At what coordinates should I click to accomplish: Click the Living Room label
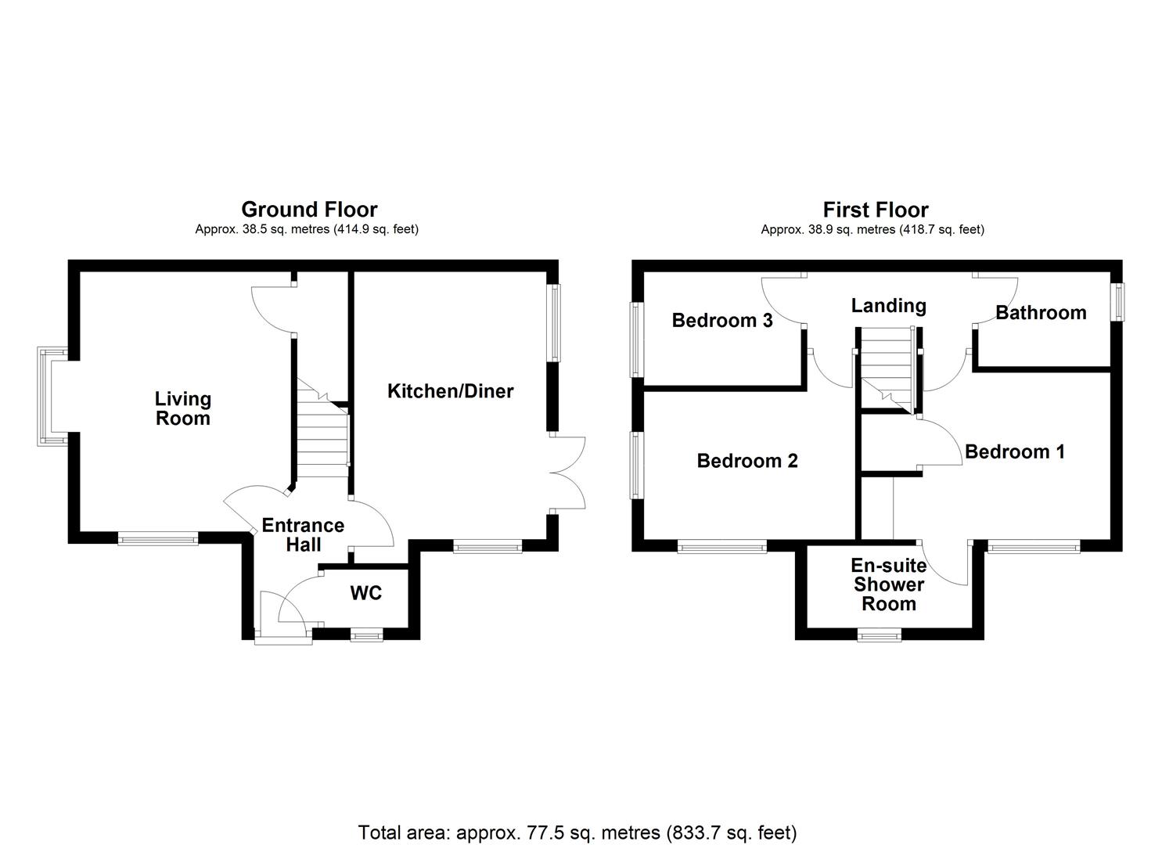(182, 408)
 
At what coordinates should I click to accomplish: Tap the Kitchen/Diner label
(450, 390)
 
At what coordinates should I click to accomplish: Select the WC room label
(365, 593)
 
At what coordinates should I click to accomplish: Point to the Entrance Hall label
(303, 534)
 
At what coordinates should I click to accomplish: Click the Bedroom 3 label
(722, 320)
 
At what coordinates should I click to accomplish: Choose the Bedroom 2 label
(747, 461)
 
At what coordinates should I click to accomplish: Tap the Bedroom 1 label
(1014, 451)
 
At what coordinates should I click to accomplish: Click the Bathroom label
(1041, 313)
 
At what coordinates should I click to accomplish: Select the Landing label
(888, 305)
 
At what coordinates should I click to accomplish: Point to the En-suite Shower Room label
(889, 584)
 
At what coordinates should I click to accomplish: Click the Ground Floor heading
(309, 210)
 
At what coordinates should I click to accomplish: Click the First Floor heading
(875, 210)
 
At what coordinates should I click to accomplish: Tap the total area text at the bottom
(577, 832)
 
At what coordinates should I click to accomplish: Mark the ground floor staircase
(322, 438)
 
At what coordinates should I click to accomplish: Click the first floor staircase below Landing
(887, 368)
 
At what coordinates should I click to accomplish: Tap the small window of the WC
(366, 636)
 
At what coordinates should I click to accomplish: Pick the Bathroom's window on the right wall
(1120, 301)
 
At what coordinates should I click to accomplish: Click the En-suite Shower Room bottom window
(879, 636)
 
